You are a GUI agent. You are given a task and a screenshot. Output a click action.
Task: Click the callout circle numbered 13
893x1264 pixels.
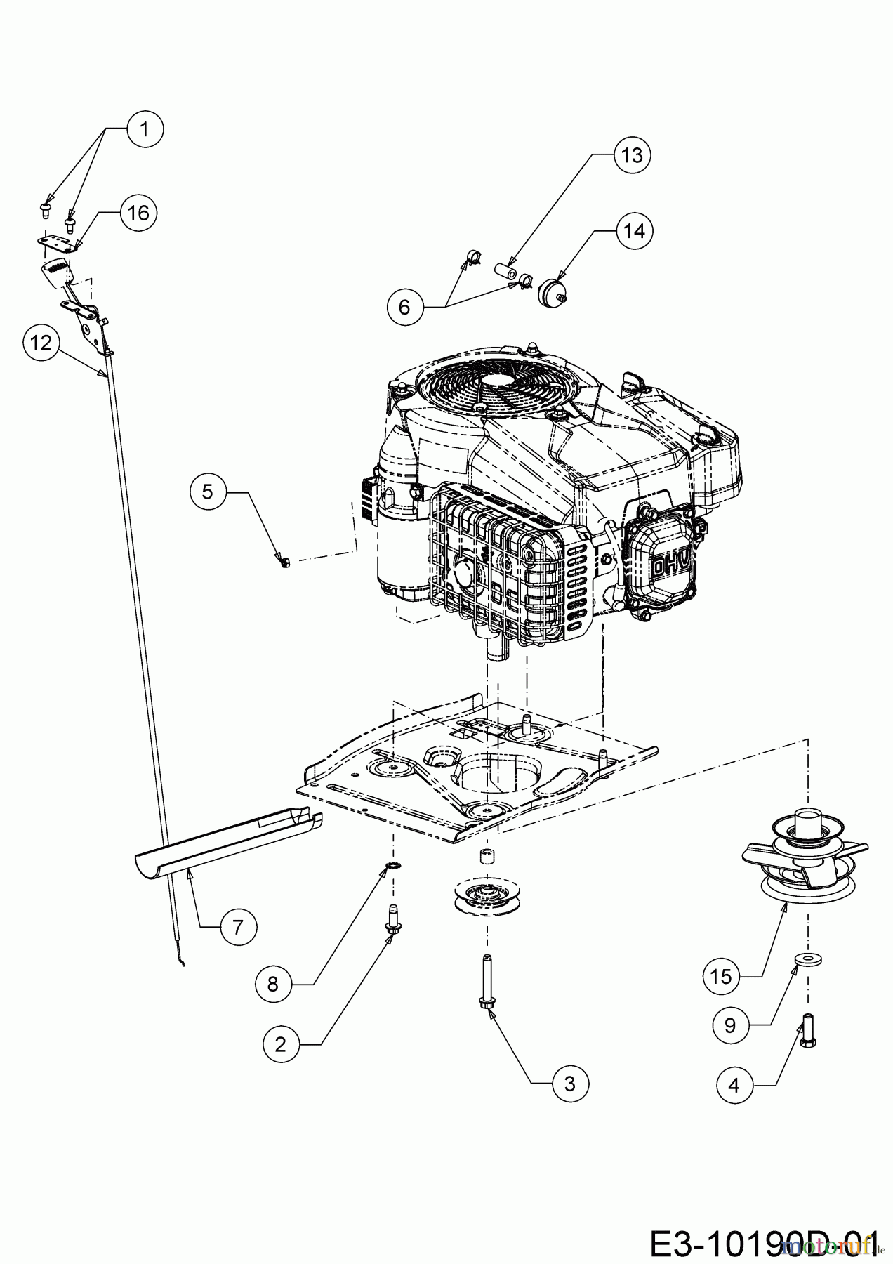pos(632,154)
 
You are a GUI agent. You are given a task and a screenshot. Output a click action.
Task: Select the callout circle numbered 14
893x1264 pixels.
pos(634,230)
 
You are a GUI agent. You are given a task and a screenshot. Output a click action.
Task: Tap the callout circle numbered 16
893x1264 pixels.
pos(138,211)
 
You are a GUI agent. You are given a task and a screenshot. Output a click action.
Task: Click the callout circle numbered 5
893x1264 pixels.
pos(207,491)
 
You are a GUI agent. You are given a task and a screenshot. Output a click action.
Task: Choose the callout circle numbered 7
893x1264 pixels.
pos(237,927)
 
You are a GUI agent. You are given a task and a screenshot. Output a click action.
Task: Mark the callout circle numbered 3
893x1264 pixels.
pos(569,1084)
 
